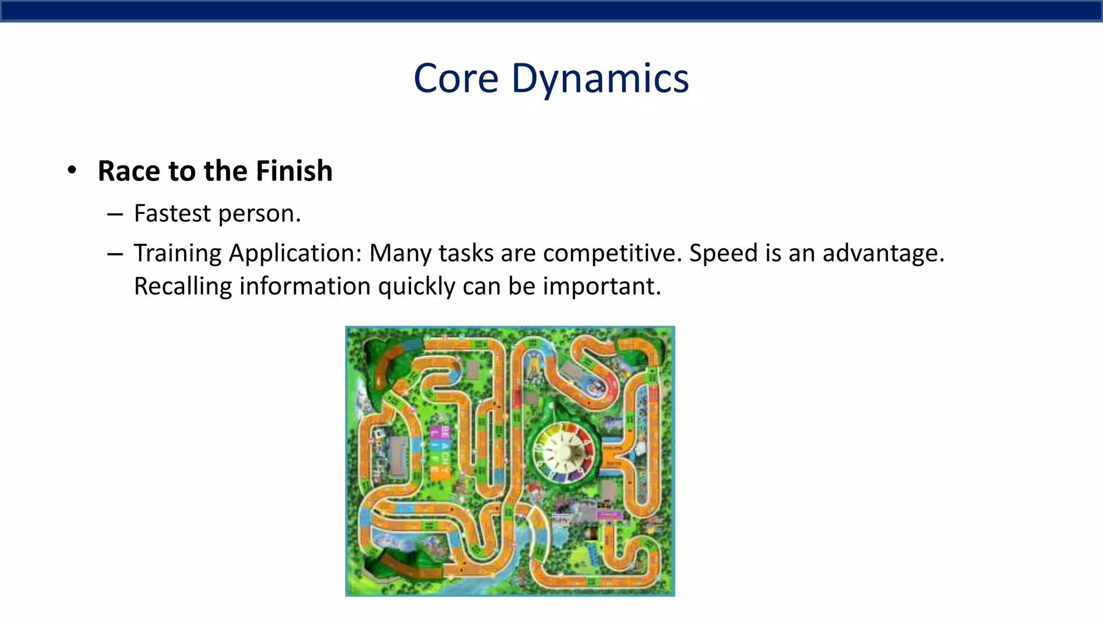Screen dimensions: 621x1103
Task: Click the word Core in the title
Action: pos(456,79)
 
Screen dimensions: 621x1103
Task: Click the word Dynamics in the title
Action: pos(599,79)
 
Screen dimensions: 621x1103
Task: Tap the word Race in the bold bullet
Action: pos(129,171)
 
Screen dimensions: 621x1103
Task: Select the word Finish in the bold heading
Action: pos(294,171)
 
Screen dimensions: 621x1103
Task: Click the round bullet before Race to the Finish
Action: pos(72,171)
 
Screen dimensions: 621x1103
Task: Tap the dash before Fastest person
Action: pos(115,215)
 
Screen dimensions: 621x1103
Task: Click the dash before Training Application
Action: pos(115,254)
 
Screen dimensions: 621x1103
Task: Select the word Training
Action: pos(178,253)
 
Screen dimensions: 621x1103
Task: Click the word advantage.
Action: pos(883,253)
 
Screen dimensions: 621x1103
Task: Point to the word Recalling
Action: pos(183,286)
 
